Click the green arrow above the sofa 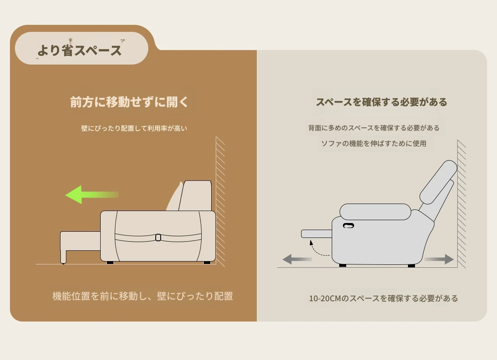(92, 194)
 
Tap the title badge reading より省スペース (82, 48)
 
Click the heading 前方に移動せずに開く (129, 102)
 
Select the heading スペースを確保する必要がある (381, 102)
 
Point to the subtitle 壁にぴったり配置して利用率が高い (134, 128)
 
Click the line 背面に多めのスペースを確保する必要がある (374, 128)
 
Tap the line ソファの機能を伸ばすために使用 (374, 144)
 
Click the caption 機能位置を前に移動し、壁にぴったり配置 (142, 296)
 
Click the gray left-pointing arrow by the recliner (297, 259)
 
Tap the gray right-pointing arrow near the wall (439, 259)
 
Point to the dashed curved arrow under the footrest (317, 250)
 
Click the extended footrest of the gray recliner (316, 234)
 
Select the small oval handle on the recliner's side (348, 226)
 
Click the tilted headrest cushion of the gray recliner (438, 182)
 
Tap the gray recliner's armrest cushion (375, 212)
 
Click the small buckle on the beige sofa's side (158, 238)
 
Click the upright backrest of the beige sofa (195, 195)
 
